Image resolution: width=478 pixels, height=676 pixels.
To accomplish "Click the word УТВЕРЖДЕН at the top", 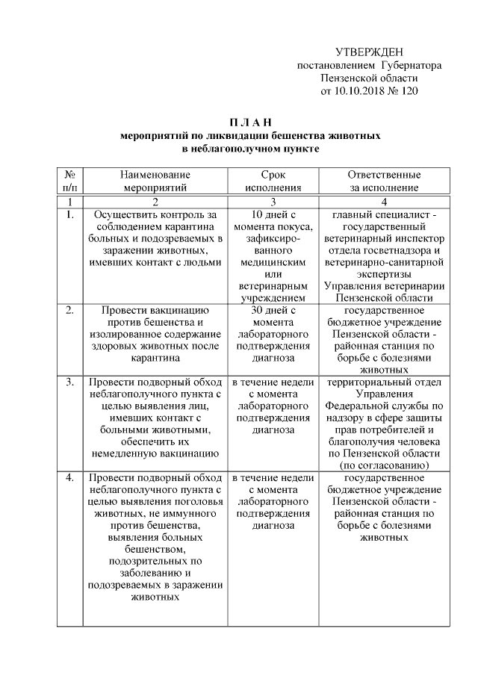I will [x=369, y=52].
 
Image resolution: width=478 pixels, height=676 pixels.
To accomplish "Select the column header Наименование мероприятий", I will [x=155, y=181].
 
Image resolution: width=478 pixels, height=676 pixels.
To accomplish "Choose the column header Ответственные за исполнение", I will [x=385, y=181].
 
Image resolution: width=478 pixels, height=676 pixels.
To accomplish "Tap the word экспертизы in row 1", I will [x=385, y=274].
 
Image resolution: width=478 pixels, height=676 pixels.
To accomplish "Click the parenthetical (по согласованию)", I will [x=385, y=465].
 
